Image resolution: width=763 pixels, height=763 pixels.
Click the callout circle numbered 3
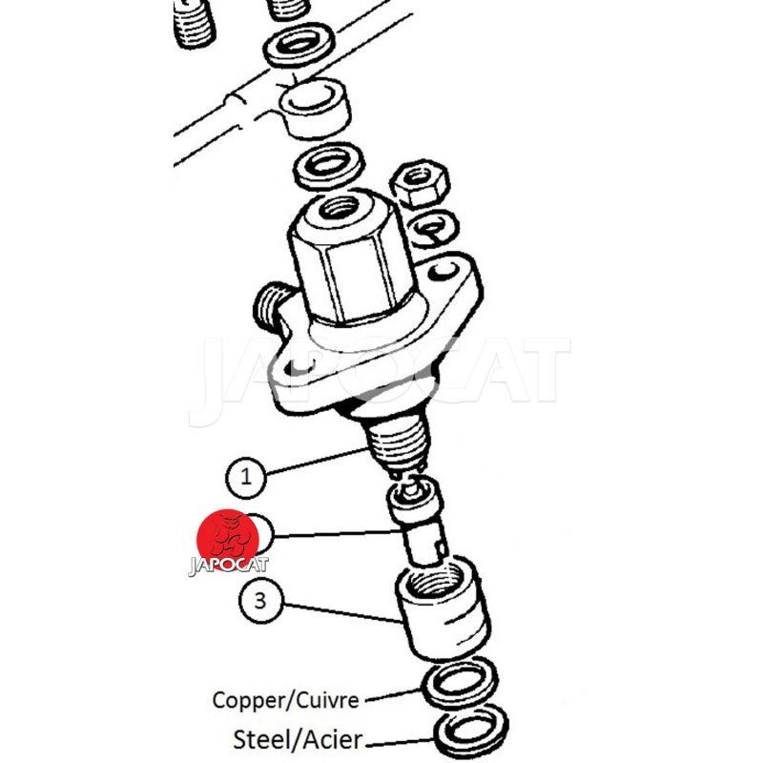260,600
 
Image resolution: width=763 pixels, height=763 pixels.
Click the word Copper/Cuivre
285,700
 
